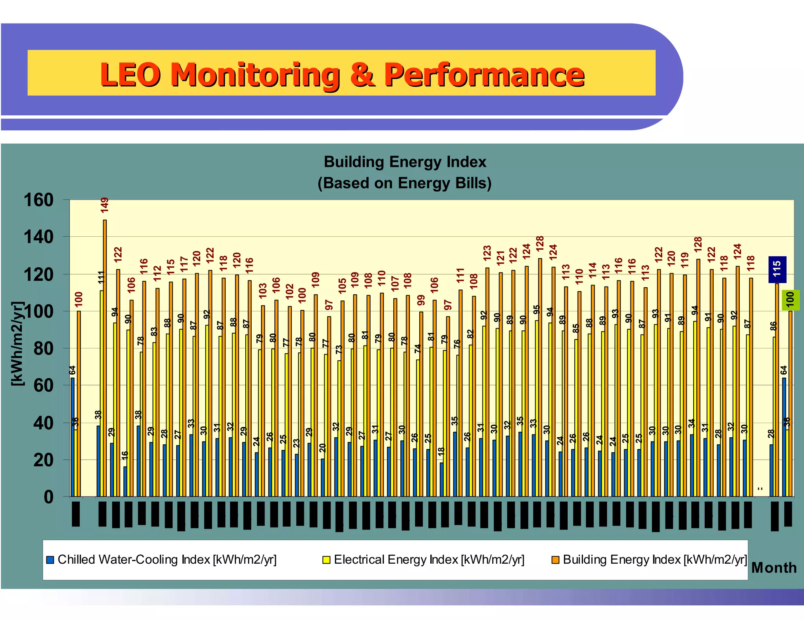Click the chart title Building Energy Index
(405, 162)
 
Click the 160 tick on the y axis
(38, 200)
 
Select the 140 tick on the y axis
(38, 237)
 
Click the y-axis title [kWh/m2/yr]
(18, 344)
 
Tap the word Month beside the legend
(774, 568)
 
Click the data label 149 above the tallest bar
(104, 205)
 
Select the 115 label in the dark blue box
(777, 269)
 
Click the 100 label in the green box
(790, 300)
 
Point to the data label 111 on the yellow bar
(101, 278)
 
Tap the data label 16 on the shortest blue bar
(125, 455)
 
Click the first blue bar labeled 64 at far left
(72, 436)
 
